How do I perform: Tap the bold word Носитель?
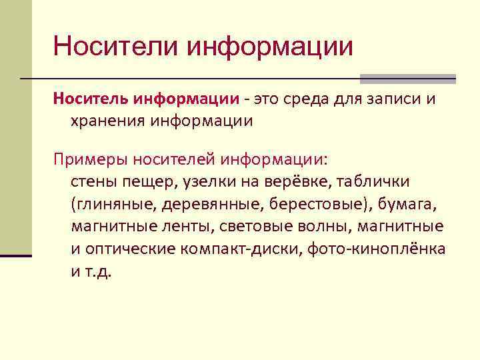coord(93,99)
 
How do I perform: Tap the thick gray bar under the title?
coord(407,78)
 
